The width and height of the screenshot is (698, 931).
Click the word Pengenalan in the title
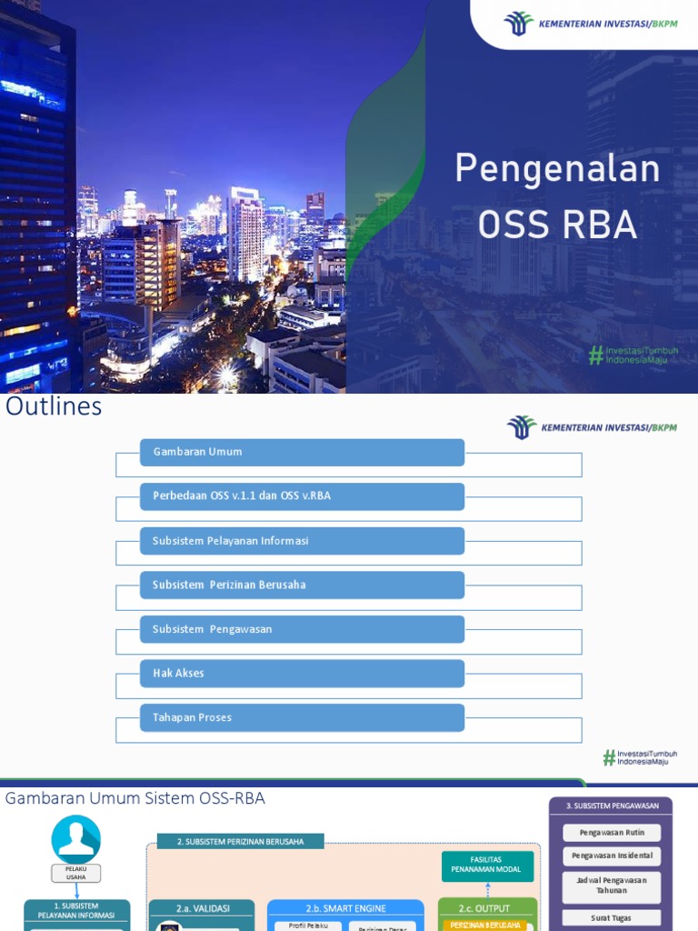coord(557,170)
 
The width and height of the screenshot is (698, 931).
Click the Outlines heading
coord(54,407)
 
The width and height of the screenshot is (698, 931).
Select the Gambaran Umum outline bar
coord(302,452)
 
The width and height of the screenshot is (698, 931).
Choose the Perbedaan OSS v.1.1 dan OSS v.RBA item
coord(302,496)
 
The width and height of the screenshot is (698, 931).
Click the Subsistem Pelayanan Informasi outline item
coord(302,541)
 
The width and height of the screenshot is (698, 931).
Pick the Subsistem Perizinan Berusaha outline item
coord(302,585)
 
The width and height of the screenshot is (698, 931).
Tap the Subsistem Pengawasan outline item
coord(302,629)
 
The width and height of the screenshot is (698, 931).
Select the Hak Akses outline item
coord(302,674)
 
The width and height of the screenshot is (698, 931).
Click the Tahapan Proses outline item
coord(302,717)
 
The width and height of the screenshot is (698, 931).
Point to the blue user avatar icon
coord(76,839)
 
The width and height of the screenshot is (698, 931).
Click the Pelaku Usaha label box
coord(76,873)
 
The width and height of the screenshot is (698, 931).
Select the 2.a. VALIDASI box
coord(203,908)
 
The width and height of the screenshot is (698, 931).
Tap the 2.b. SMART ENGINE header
coord(345,908)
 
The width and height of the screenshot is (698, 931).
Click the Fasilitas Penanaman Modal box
coord(487,865)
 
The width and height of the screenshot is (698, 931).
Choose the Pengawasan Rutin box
coord(611,832)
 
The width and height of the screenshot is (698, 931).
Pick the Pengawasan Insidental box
coord(611,856)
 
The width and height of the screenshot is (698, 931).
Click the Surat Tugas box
coord(611,917)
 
